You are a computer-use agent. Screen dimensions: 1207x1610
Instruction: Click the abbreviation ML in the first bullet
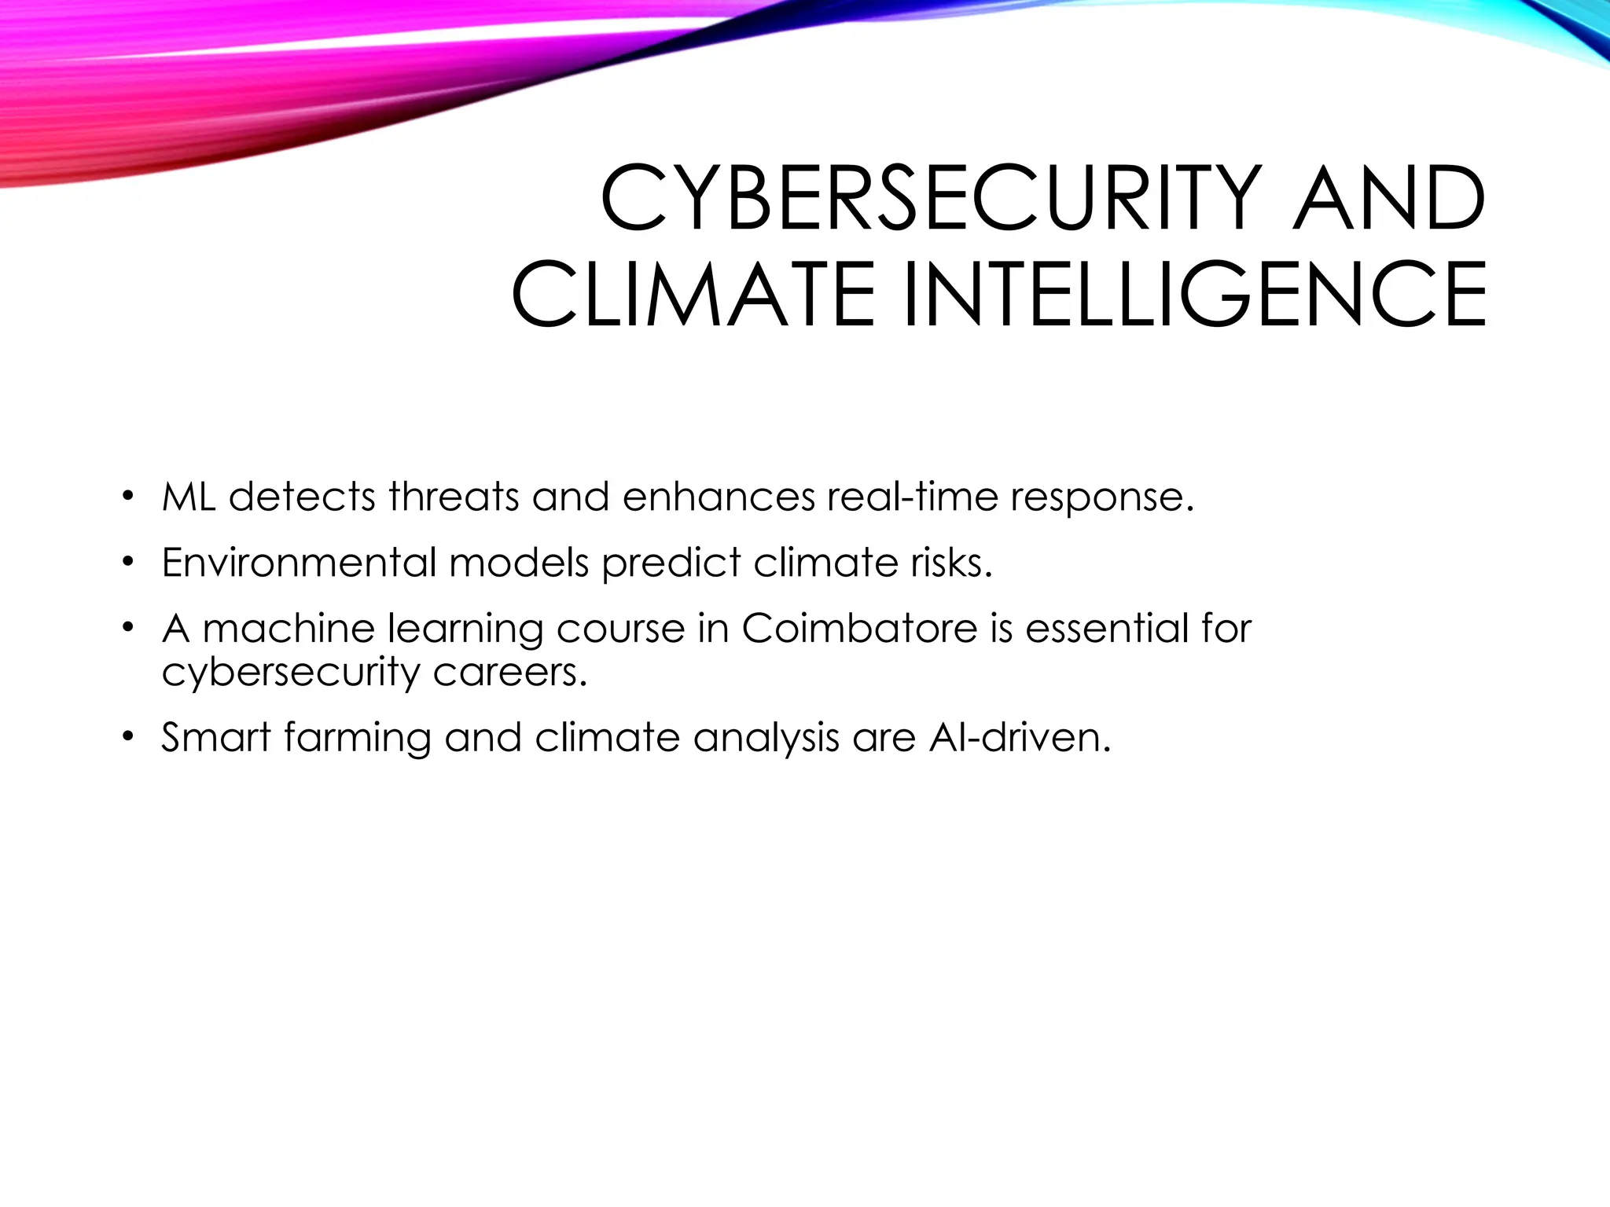pos(189,497)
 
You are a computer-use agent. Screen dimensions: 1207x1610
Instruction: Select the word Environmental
pos(299,563)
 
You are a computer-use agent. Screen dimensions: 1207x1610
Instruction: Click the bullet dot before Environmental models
pos(127,563)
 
